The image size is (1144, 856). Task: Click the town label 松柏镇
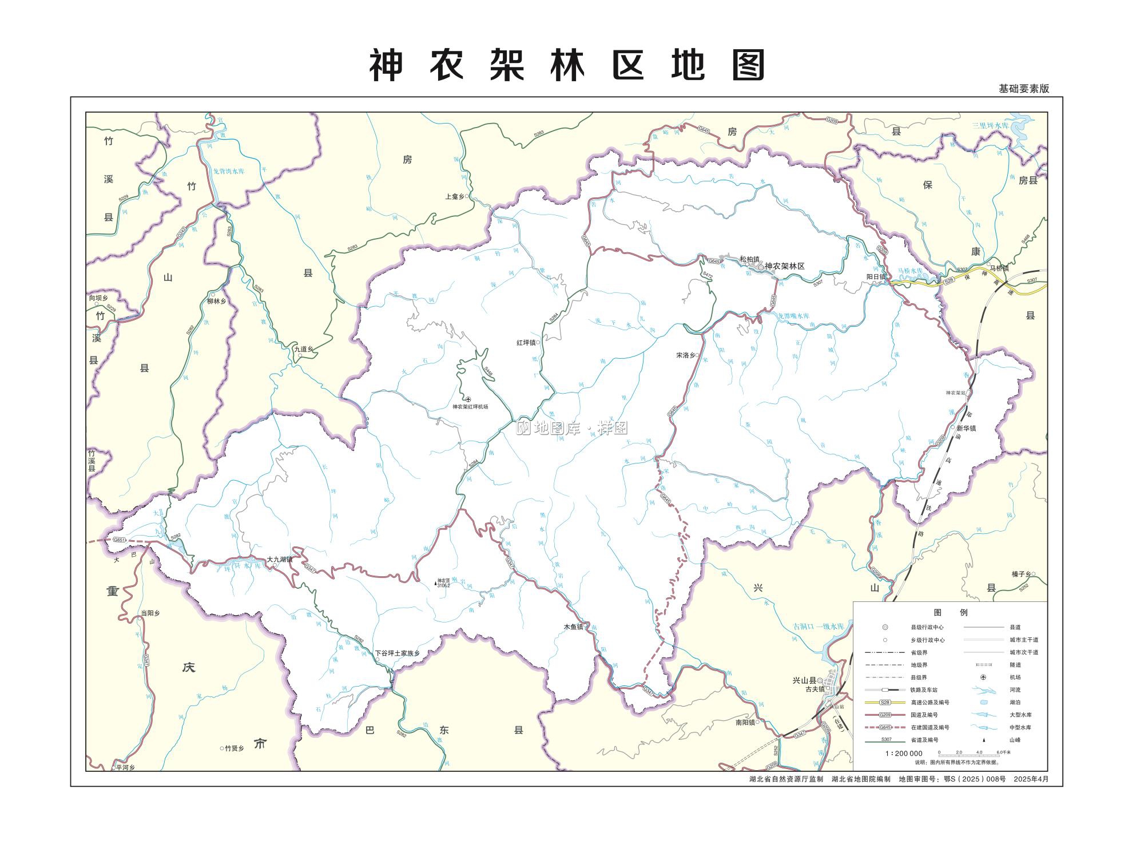tap(748, 259)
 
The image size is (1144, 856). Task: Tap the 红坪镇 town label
tap(525, 343)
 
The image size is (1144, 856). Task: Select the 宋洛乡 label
tap(685, 355)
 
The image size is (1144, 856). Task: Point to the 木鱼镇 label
tap(573, 627)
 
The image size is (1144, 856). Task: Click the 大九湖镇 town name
tap(279, 560)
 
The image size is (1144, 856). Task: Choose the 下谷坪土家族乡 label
tap(397, 653)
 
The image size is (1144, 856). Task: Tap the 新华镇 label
tap(966, 428)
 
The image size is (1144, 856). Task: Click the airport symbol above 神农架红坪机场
tap(468, 399)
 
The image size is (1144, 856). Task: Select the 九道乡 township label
tap(304, 348)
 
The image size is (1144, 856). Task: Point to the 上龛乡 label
tap(455, 196)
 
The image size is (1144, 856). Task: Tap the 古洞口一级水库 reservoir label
tap(819, 627)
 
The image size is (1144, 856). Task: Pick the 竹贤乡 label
tap(234, 748)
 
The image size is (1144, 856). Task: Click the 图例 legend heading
tap(950, 612)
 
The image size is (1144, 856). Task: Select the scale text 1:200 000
tap(904, 753)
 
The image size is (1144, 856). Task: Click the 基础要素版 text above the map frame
tap(1024, 89)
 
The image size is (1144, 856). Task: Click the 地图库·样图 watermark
tap(572, 428)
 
